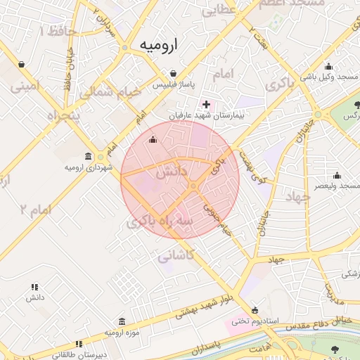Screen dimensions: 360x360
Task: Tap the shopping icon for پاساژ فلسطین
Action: pos(174,73)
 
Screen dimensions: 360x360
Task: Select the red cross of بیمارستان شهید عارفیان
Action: pos(206,104)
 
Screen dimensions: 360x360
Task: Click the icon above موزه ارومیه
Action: pos(122,321)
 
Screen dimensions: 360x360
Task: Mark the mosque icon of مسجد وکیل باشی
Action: pos(328,67)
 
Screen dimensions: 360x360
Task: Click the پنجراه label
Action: pos(63,114)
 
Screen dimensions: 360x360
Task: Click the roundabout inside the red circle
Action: pos(193,186)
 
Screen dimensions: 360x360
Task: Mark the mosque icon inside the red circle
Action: pos(153,139)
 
